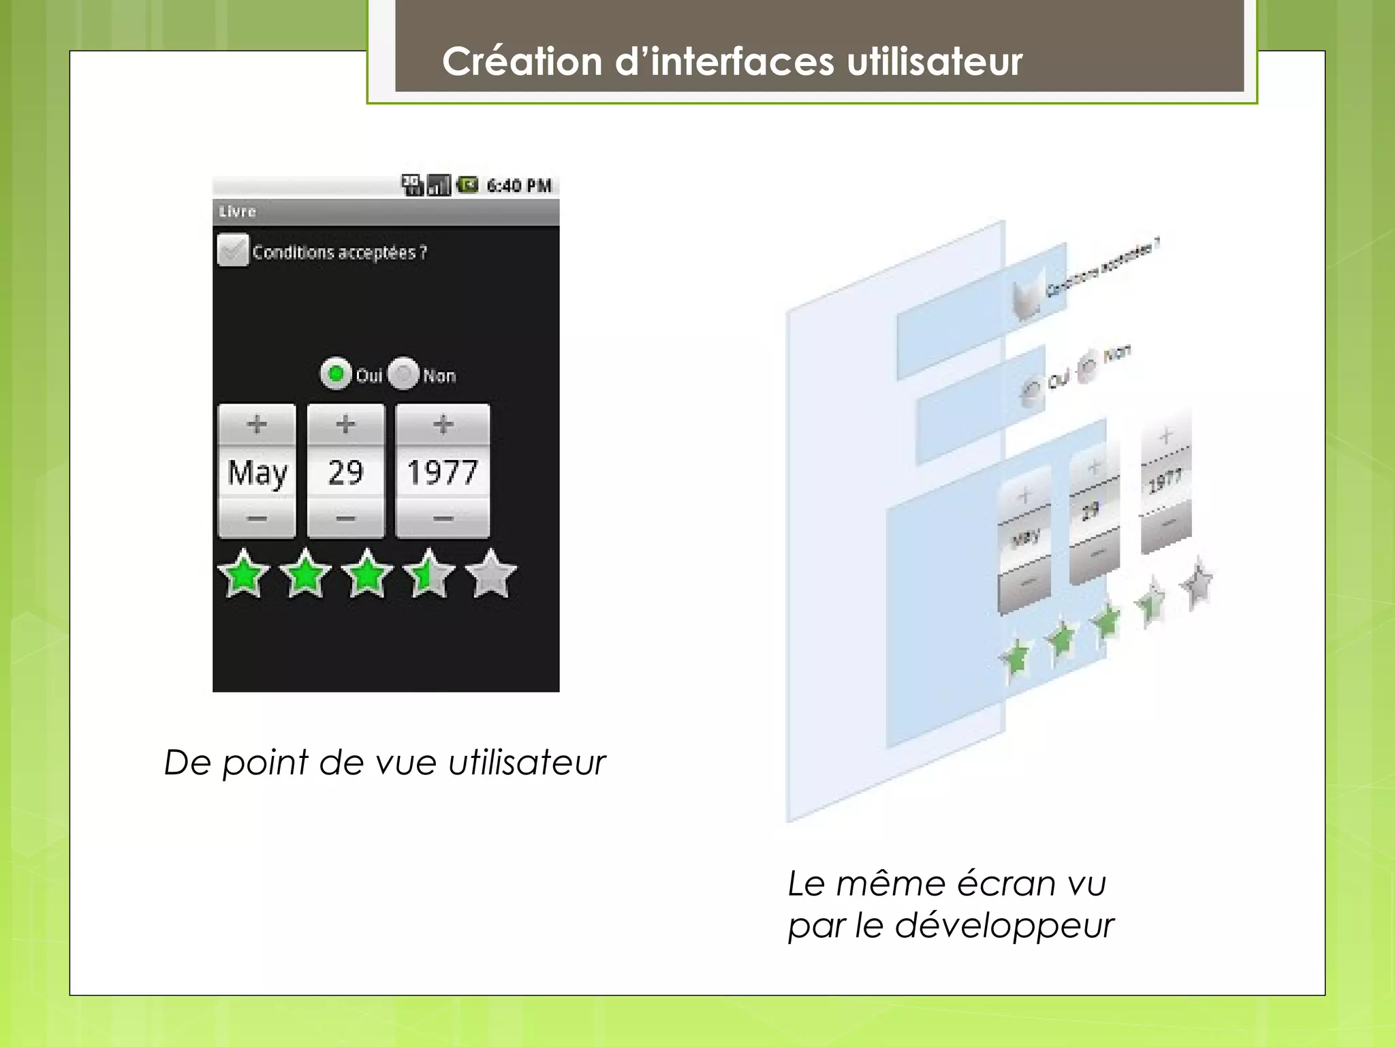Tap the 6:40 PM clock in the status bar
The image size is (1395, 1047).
[519, 186]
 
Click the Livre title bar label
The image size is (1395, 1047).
[238, 211]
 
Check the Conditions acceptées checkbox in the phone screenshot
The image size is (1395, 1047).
[232, 251]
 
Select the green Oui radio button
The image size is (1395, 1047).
[335, 374]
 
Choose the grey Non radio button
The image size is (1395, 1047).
[403, 374]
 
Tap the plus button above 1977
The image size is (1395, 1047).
[443, 425]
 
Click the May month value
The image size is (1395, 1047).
[257, 472]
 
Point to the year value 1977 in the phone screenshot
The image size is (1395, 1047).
[443, 472]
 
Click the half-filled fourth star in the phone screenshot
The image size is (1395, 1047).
[428, 575]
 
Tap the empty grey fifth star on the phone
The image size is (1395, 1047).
[491, 575]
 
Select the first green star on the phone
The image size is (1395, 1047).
[243, 575]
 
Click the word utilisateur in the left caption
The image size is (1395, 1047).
[527, 763]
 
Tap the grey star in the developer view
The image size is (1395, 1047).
[1197, 583]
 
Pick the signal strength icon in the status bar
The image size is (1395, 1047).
[439, 185]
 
